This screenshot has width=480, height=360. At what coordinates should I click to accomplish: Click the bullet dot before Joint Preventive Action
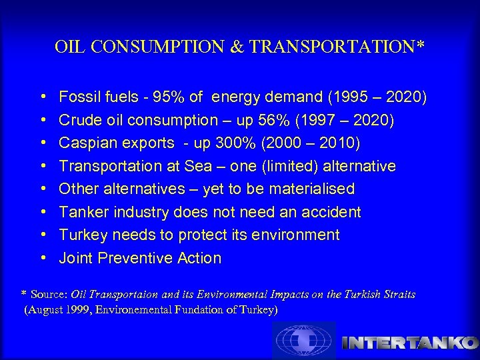(43, 258)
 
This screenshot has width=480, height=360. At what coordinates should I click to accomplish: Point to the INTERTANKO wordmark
(410, 343)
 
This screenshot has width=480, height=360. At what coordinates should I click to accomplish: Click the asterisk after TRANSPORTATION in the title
(421, 46)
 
